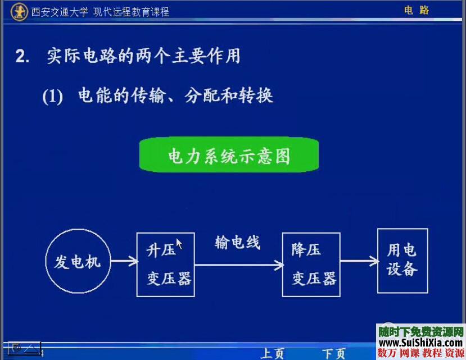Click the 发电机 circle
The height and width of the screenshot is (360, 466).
click(77, 261)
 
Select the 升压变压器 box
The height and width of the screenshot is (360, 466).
click(166, 265)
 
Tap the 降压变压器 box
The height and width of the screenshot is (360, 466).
click(311, 265)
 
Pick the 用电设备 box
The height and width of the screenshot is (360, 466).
click(402, 261)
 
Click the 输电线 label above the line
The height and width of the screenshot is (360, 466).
click(238, 243)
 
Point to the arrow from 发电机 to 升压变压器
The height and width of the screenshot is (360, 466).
click(125, 261)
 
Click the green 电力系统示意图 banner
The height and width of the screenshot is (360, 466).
click(229, 155)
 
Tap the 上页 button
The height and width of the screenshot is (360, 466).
click(273, 353)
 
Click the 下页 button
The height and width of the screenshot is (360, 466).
click(333, 353)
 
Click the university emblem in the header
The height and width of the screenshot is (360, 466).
click(20, 11)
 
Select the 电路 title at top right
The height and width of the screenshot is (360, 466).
click(417, 10)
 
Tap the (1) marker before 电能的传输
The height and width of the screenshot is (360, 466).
click(52, 97)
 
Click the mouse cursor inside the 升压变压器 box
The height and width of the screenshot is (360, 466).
click(179, 243)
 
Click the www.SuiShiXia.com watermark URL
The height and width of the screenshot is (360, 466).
click(420, 343)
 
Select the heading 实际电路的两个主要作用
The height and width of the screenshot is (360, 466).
click(143, 56)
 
